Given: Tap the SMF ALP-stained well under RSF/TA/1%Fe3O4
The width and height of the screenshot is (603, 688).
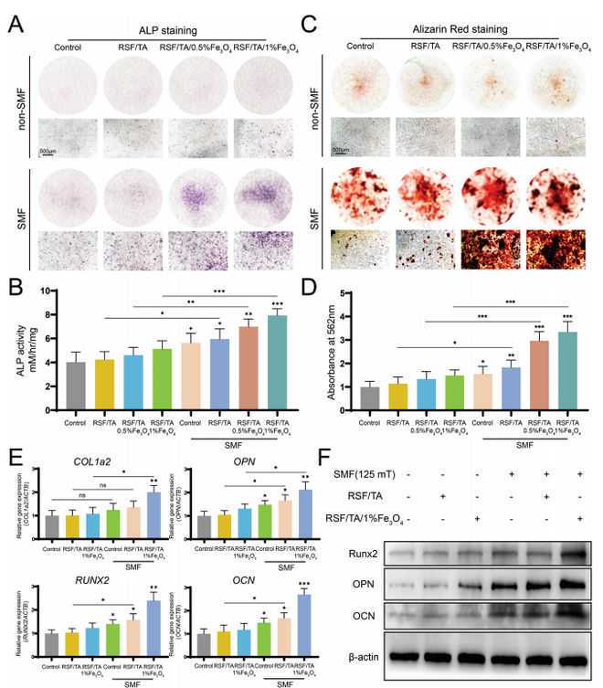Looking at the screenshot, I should [255, 196].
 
